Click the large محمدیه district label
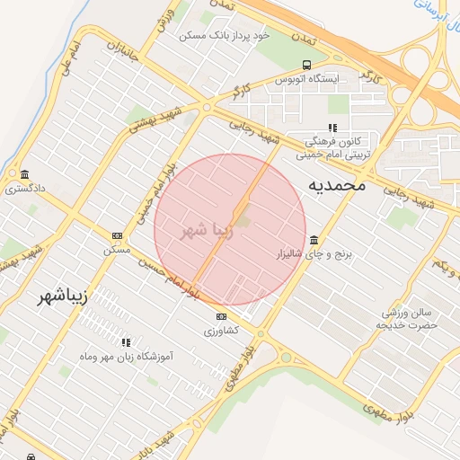(337, 185)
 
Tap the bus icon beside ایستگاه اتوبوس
(307, 65)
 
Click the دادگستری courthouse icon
(23, 173)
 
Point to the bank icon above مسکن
(117, 235)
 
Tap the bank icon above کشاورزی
(221, 316)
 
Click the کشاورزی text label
(221, 332)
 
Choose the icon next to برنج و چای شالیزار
(313, 240)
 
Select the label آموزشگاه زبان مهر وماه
(126, 357)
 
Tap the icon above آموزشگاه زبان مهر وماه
(126, 342)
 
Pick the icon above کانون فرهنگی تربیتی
(332, 128)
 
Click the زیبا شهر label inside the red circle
(208, 230)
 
